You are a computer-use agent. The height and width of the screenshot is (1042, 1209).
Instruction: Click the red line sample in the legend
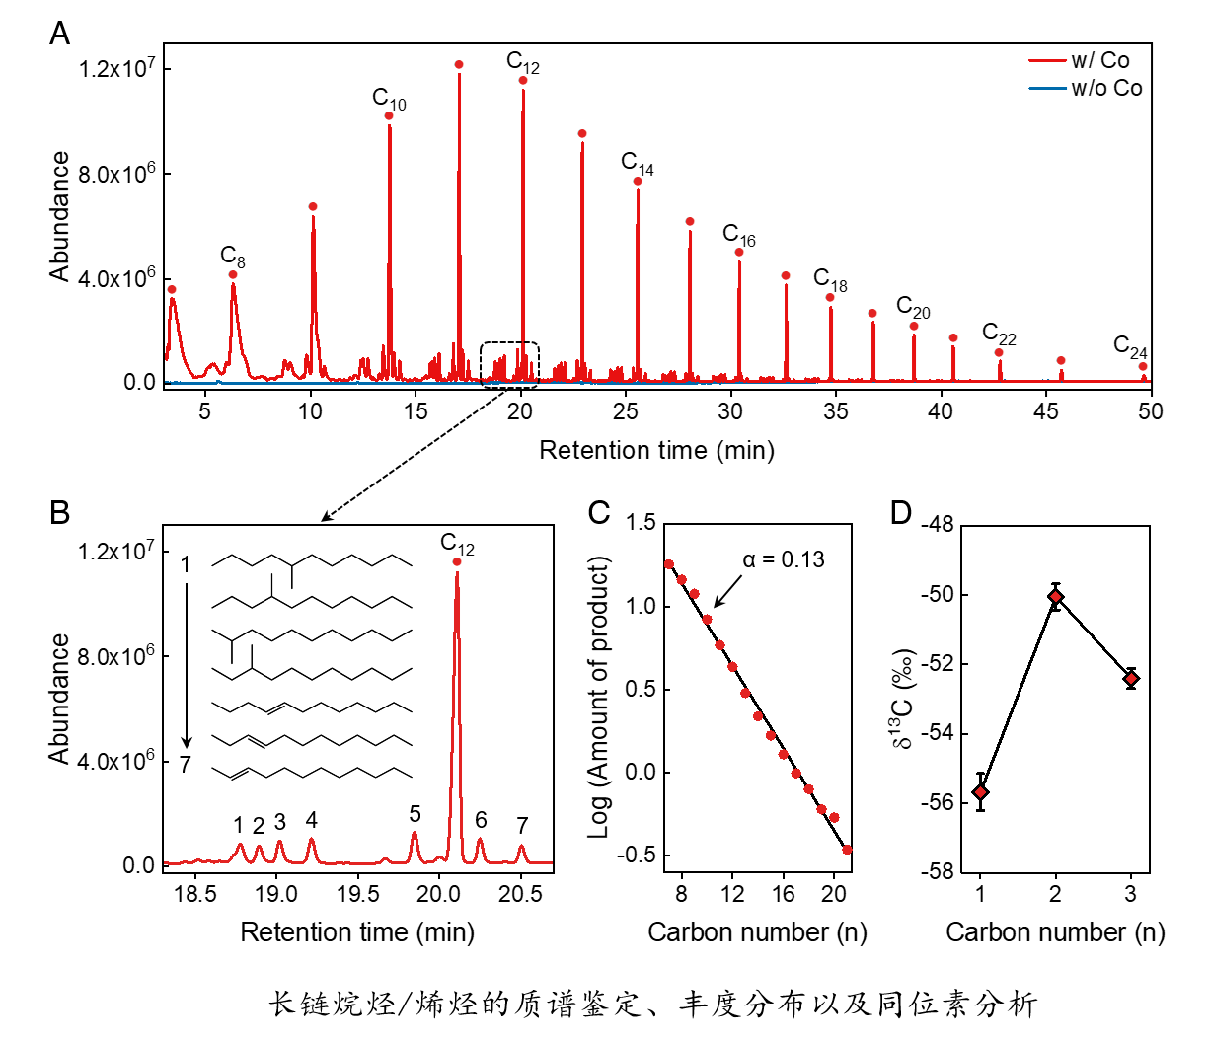(x=1047, y=61)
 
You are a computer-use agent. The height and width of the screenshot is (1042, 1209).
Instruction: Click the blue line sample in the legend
(x=1047, y=89)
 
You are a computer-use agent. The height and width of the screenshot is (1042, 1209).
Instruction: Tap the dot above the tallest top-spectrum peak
(x=460, y=65)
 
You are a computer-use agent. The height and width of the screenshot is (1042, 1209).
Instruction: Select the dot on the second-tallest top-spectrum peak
(x=524, y=81)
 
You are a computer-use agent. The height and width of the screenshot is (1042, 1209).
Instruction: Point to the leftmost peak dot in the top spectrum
(x=172, y=290)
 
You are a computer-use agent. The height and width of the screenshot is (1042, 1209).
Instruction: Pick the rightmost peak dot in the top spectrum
(x=1144, y=367)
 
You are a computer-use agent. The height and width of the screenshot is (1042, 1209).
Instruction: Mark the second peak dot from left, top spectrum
(x=233, y=275)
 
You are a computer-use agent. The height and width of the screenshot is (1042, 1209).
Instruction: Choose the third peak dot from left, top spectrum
(x=313, y=207)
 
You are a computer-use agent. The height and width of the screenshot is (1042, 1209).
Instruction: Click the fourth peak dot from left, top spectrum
(x=390, y=116)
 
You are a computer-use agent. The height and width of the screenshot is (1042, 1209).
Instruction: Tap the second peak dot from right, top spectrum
(x=1062, y=361)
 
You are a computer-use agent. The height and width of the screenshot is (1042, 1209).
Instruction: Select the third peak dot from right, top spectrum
(x=1000, y=353)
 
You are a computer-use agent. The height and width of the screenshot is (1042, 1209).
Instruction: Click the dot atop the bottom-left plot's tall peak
(x=457, y=562)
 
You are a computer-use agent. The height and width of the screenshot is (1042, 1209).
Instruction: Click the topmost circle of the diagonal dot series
(x=669, y=564)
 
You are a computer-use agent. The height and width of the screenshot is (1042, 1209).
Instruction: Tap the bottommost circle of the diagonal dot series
(x=847, y=850)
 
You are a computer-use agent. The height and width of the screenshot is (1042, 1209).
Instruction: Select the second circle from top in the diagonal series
(x=682, y=580)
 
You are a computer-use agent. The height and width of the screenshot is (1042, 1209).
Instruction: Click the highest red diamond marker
(x=1056, y=597)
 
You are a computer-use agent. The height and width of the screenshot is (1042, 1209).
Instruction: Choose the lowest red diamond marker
(x=980, y=792)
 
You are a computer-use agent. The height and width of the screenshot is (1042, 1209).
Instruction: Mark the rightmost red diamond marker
(x=1131, y=679)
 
